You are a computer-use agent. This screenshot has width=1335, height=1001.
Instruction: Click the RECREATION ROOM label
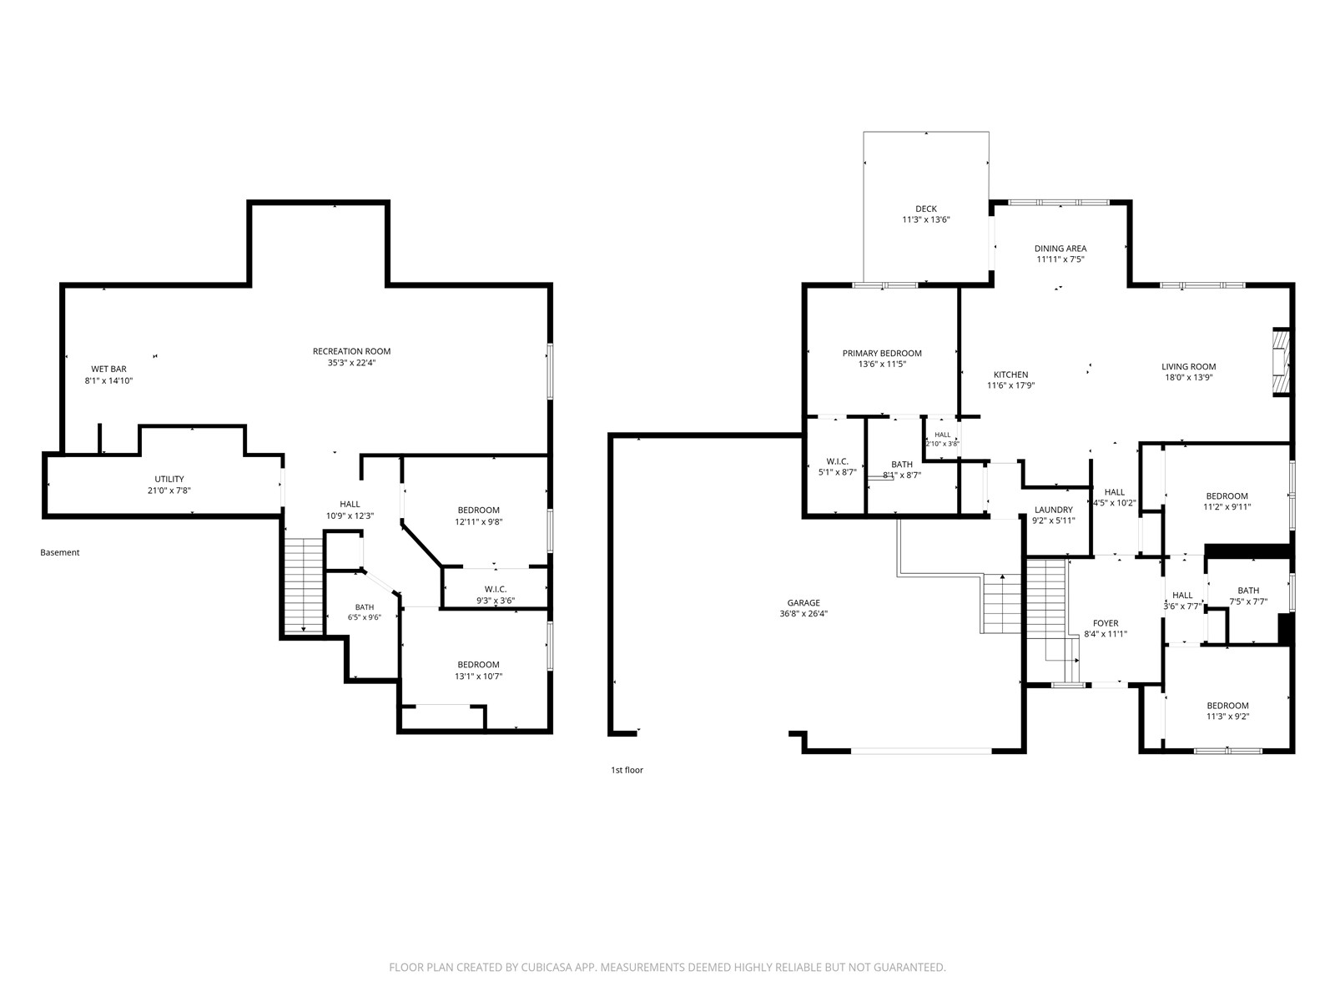[x=351, y=351]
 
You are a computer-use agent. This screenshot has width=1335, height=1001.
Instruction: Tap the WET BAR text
[x=108, y=369]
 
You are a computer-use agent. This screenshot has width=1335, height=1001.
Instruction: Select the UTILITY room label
[x=169, y=479]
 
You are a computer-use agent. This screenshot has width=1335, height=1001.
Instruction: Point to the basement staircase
[x=304, y=586]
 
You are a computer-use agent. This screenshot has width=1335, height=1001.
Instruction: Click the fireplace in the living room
[x=1282, y=362]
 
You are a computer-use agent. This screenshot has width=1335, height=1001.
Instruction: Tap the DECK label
[x=925, y=209]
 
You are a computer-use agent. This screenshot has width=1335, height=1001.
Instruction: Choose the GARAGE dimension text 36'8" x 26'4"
[x=804, y=614]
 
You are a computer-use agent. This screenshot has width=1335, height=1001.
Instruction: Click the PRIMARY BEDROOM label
[x=882, y=353]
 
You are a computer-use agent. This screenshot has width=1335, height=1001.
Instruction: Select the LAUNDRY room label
[x=1054, y=510]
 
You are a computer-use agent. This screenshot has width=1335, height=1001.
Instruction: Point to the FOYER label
[x=1105, y=623]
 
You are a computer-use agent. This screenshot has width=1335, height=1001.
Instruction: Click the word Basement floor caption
[x=59, y=552]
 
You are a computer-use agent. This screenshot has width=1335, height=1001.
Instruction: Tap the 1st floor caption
[x=627, y=770]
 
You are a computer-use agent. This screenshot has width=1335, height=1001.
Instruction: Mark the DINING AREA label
[x=1060, y=248]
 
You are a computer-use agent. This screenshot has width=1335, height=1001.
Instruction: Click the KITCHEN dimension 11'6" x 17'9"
[x=1010, y=385]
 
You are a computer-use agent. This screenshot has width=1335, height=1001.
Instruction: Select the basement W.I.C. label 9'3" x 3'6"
[x=496, y=601]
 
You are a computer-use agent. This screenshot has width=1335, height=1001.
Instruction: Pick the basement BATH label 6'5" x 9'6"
[x=365, y=617]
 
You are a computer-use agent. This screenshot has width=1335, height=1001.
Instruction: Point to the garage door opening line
[x=921, y=752]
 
